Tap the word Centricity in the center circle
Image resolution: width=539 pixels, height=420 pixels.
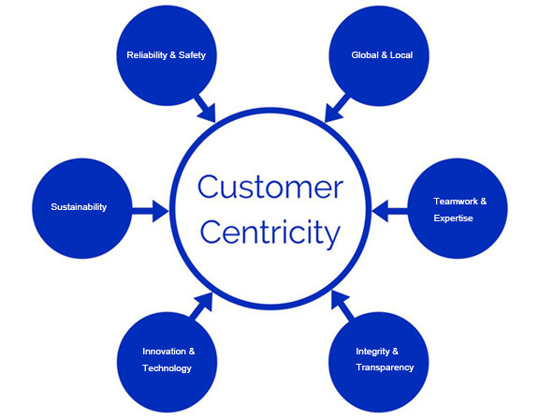(x=269, y=231)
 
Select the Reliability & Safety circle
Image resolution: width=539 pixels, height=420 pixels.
(x=166, y=55)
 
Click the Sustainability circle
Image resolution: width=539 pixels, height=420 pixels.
(x=79, y=207)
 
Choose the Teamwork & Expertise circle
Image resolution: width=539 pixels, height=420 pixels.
(x=459, y=209)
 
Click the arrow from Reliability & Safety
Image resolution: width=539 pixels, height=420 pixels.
(x=205, y=107)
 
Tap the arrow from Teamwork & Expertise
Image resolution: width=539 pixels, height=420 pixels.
(x=391, y=211)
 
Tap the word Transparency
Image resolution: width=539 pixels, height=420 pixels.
(x=385, y=367)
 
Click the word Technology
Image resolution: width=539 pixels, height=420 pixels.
(x=167, y=368)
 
